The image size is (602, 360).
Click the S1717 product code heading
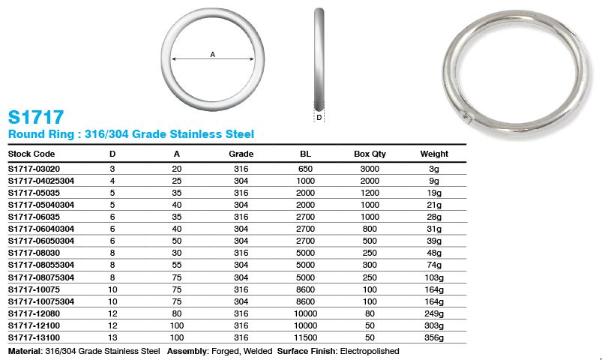click(x=35, y=117)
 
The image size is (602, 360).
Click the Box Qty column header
click(x=370, y=154)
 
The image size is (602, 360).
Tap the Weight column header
click(x=434, y=154)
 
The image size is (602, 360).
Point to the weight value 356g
click(x=434, y=337)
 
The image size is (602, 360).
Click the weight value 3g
click(x=434, y=169)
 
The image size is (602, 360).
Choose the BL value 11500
click(x=305, y=337)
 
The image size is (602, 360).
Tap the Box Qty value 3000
click(x=370, y=169)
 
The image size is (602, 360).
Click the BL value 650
click(x=305, y=169)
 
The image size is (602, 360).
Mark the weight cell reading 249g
click(x=434, y=313)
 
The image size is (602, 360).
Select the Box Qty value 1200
click(x=370, y=193)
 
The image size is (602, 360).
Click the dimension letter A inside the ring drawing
click(x=213, y=53)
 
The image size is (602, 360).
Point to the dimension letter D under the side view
click(x=319, y=118)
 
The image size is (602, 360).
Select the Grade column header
click(x=241, y=154)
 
